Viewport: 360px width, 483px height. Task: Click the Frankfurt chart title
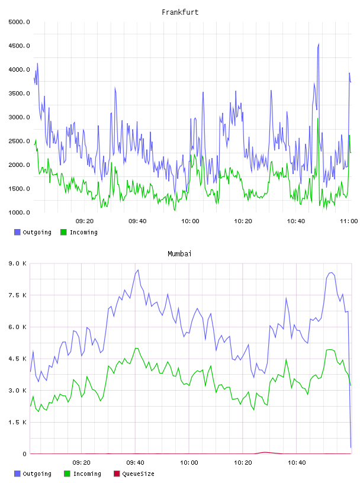point(180,12)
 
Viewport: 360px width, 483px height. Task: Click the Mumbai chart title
point(179,253)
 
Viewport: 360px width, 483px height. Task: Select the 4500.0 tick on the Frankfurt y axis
point(19,46)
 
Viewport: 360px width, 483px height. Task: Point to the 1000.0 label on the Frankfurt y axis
point(19,212)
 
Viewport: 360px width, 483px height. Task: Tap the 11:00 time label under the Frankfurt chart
point(349,221)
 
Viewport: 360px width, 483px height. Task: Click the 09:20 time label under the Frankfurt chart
point(85,221)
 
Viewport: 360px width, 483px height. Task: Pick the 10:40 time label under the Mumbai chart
point(297,462)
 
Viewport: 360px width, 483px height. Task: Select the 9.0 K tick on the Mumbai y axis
point(17,263)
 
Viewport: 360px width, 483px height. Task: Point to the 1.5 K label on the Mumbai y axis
point(17,422)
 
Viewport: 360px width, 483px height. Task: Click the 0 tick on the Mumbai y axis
point(24,454)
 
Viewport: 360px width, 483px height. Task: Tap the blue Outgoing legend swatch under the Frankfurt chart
point(17,232)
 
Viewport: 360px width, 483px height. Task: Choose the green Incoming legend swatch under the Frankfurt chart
point(63,232)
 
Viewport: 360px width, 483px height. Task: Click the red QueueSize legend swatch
point(117,474)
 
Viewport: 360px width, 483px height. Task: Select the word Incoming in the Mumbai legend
point(87,474)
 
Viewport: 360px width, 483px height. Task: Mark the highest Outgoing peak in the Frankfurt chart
point(319,44)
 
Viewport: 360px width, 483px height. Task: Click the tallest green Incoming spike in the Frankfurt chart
point(318,118)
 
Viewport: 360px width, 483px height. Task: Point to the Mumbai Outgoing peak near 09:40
point(138,270)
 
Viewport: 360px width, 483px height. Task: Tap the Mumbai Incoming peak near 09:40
point(136,348)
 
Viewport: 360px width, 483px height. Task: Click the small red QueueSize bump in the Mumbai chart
point(265,452)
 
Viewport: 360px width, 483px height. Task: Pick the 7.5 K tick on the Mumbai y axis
point(17,295)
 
